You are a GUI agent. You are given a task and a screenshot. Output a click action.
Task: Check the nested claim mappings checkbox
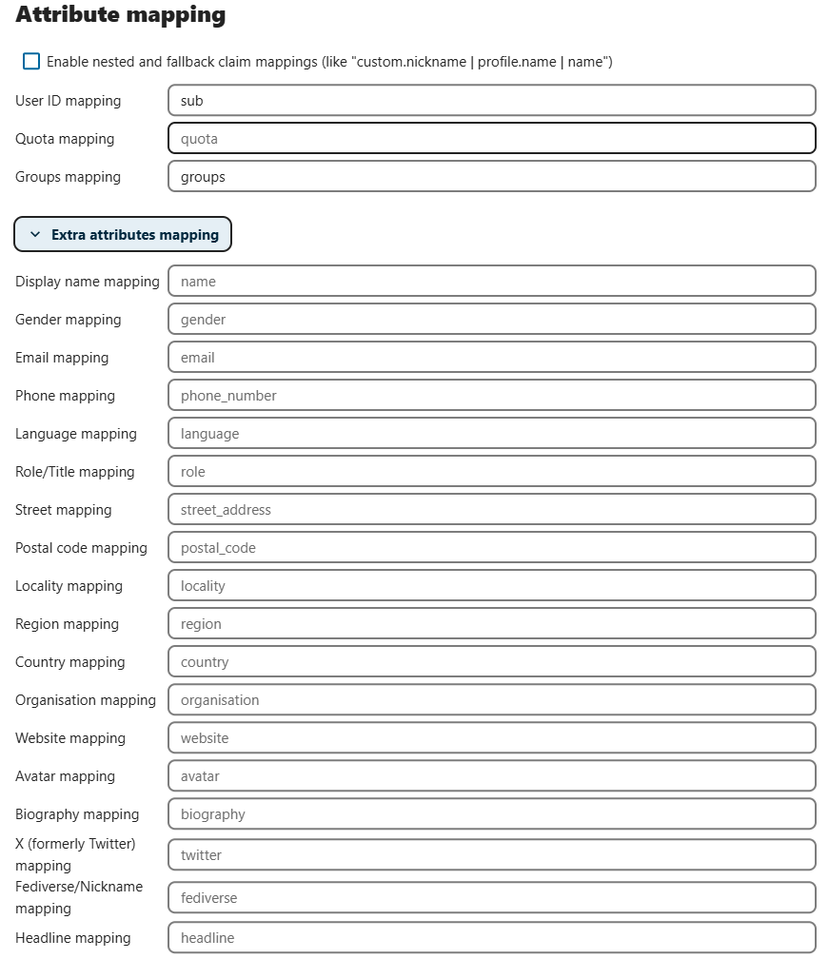(x=31, y=62)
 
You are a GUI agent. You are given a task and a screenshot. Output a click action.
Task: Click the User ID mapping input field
(x=491, y=101)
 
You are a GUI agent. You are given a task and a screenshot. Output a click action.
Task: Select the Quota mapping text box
(x=491, y=139)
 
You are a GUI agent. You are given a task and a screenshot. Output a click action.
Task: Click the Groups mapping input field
(x=491, y=177)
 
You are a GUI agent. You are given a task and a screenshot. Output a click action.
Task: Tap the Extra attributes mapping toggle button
(x=123, y=235)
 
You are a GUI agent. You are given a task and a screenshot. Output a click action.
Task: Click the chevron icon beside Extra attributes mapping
(x=35, y=235)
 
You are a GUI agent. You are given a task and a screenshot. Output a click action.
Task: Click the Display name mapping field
(x=491, y=282)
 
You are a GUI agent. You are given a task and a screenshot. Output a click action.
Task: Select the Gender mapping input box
(x=491, y=320)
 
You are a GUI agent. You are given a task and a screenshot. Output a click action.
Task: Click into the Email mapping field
(x=491, y=358)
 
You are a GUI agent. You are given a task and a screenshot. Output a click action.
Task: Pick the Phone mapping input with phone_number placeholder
(x=491, y=396)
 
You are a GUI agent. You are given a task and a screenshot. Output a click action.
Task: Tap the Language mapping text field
(x=491, y=434)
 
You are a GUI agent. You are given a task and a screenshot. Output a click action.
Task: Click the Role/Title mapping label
(x=75, y=472)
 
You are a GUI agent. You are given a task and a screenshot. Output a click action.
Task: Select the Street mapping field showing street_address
(x=491, y=510)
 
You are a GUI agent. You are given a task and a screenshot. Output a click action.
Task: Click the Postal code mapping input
(x=491, y=548)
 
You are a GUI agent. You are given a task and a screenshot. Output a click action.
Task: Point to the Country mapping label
(x=70, y=662)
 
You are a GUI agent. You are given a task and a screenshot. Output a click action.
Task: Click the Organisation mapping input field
(x=491, y=700)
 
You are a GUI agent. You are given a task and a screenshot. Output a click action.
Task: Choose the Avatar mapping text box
(x=491, y=776)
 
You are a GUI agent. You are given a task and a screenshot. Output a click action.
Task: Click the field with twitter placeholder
(x=491, y=855)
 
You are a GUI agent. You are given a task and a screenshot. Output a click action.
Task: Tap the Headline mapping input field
(x=491, y=938)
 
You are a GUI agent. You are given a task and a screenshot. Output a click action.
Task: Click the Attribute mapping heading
(x=121, y=15)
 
